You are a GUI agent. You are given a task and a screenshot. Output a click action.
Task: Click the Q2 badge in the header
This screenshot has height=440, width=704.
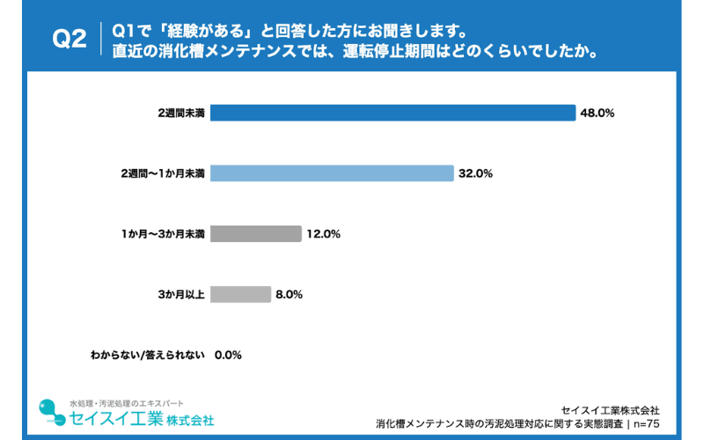(x=70, y=40)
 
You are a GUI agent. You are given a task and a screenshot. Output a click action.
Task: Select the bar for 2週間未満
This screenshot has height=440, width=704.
(x=392, y=113)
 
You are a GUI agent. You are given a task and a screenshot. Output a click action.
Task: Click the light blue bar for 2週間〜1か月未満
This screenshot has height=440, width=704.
(x=332, y=173)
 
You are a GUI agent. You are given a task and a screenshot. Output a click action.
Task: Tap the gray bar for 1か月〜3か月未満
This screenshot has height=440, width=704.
(x=255, y=234)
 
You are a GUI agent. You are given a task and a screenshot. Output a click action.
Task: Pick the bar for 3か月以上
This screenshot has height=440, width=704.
(x=240, y=295)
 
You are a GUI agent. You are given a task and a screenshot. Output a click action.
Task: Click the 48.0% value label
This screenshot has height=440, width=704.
(x=596, y=113)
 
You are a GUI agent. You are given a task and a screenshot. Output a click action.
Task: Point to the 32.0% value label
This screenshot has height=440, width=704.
(x=475, y=173)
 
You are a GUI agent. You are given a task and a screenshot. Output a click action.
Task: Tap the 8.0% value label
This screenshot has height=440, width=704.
(x=289, y=295)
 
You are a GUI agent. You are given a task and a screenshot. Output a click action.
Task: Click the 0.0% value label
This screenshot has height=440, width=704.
(x=228, y=356)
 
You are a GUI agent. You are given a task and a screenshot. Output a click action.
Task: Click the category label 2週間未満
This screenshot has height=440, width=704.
(x=181, y=113)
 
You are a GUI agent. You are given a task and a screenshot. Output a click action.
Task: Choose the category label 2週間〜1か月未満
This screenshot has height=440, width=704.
(x=163, y=173)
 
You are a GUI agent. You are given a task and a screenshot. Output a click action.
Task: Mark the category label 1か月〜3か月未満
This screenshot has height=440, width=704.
(x=163, y=234)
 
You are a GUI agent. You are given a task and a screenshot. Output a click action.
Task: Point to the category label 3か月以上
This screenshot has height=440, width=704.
(x=182, y=295)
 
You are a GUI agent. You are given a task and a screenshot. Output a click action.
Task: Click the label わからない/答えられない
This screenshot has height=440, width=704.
(x=147, y=356)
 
